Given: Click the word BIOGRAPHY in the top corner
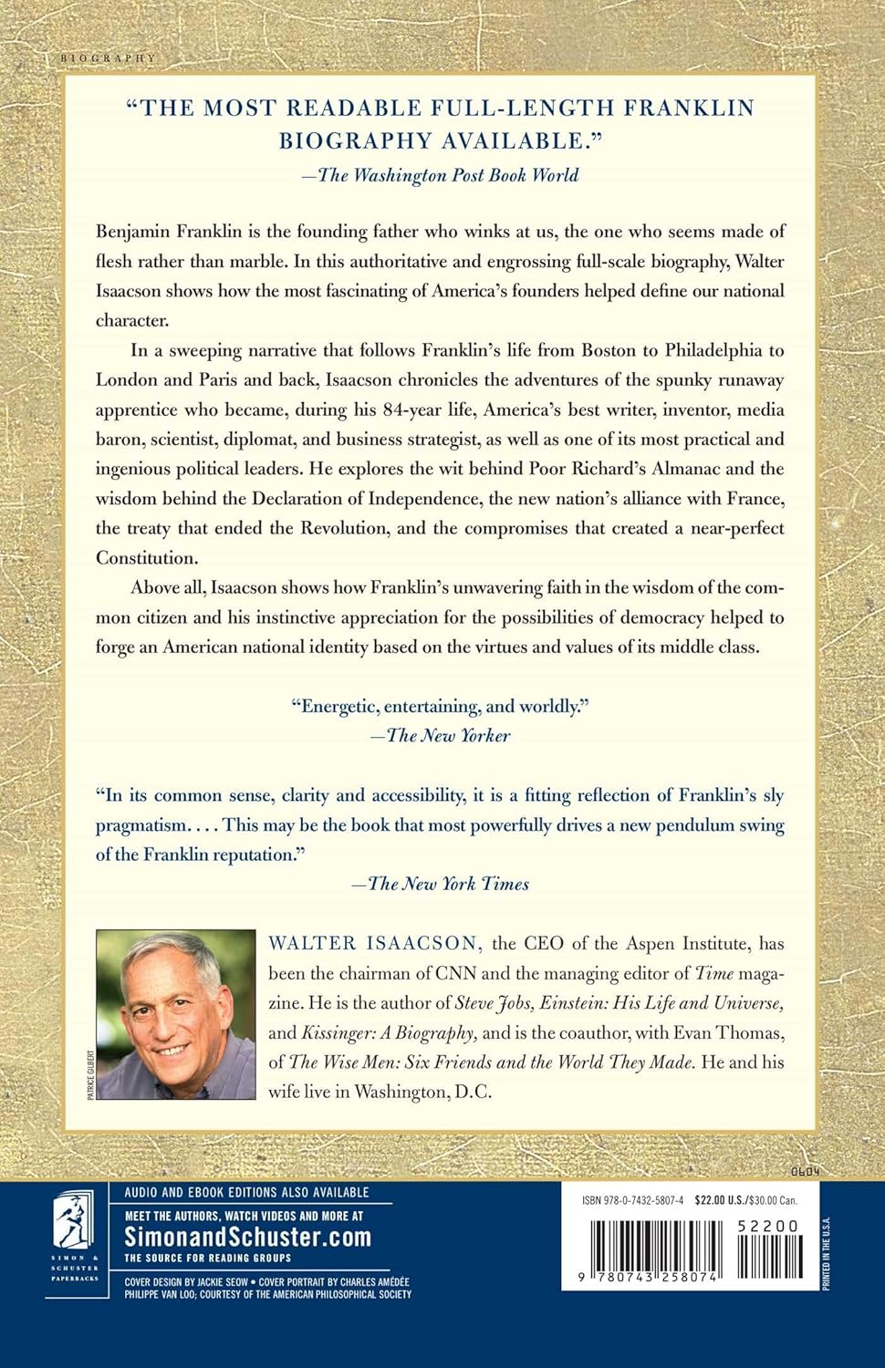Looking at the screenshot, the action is click(108, 58).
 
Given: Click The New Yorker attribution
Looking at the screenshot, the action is click(442, 735).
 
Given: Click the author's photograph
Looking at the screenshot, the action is click(175, 1013).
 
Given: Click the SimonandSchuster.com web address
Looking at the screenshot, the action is click(247, 1237).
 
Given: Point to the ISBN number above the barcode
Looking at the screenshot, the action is click(632, 1201).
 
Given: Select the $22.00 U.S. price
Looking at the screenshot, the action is click(721, 1201).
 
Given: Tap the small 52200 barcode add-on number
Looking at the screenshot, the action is click(767, 1227).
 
